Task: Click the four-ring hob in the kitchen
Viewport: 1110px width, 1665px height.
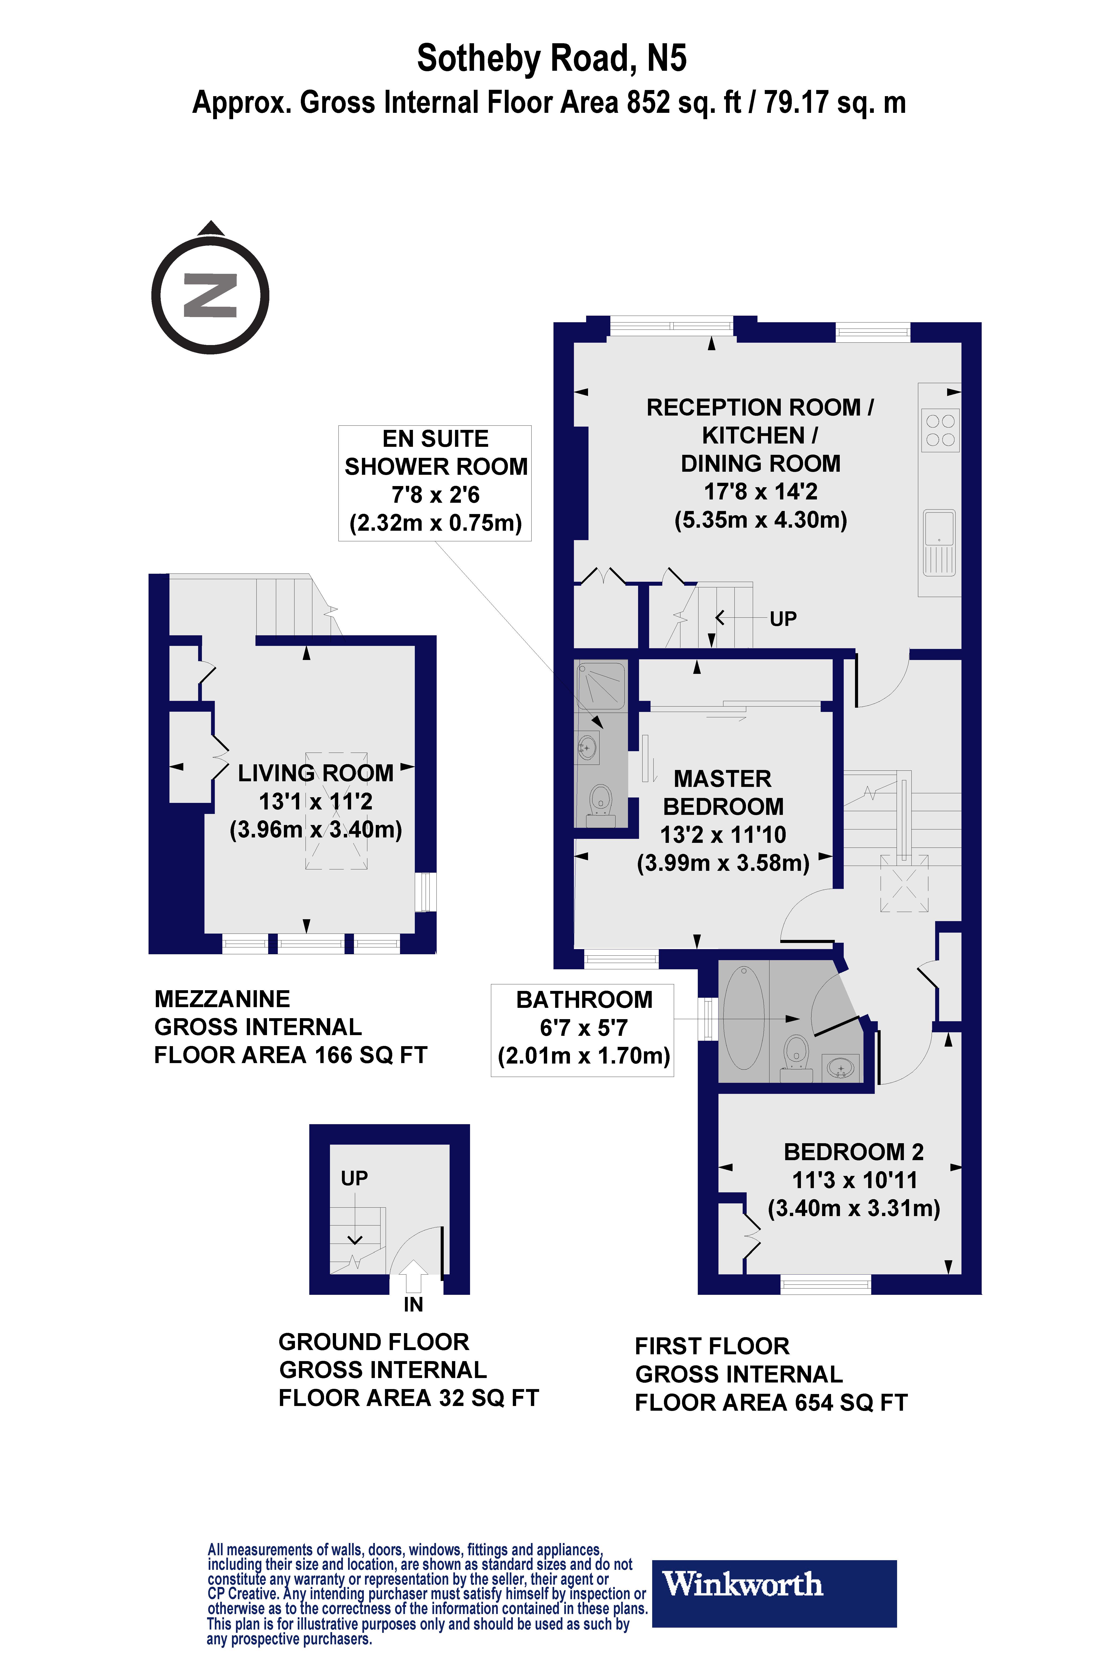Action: coord(940,430)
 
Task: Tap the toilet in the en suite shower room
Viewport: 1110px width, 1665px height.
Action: coord(600,800)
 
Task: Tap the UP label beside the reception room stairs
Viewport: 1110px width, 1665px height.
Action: coord(783,619)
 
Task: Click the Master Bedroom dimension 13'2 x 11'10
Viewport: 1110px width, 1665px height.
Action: coord(723,835)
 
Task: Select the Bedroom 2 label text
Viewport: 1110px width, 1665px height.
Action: coord(854,1152)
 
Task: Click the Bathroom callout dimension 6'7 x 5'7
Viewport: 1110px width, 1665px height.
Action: coord(583,1027)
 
